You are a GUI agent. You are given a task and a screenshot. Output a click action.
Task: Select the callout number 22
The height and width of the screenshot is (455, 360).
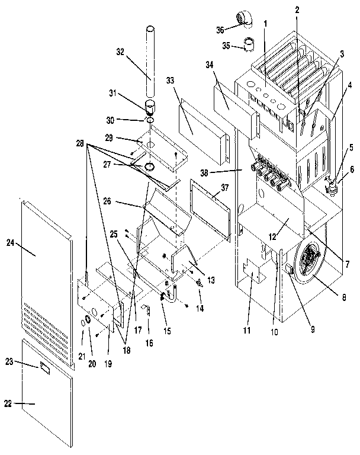8,404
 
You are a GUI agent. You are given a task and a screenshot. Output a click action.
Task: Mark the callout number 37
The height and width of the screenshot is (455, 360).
224,187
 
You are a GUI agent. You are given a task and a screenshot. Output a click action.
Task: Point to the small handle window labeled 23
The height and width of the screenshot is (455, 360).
46,368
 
